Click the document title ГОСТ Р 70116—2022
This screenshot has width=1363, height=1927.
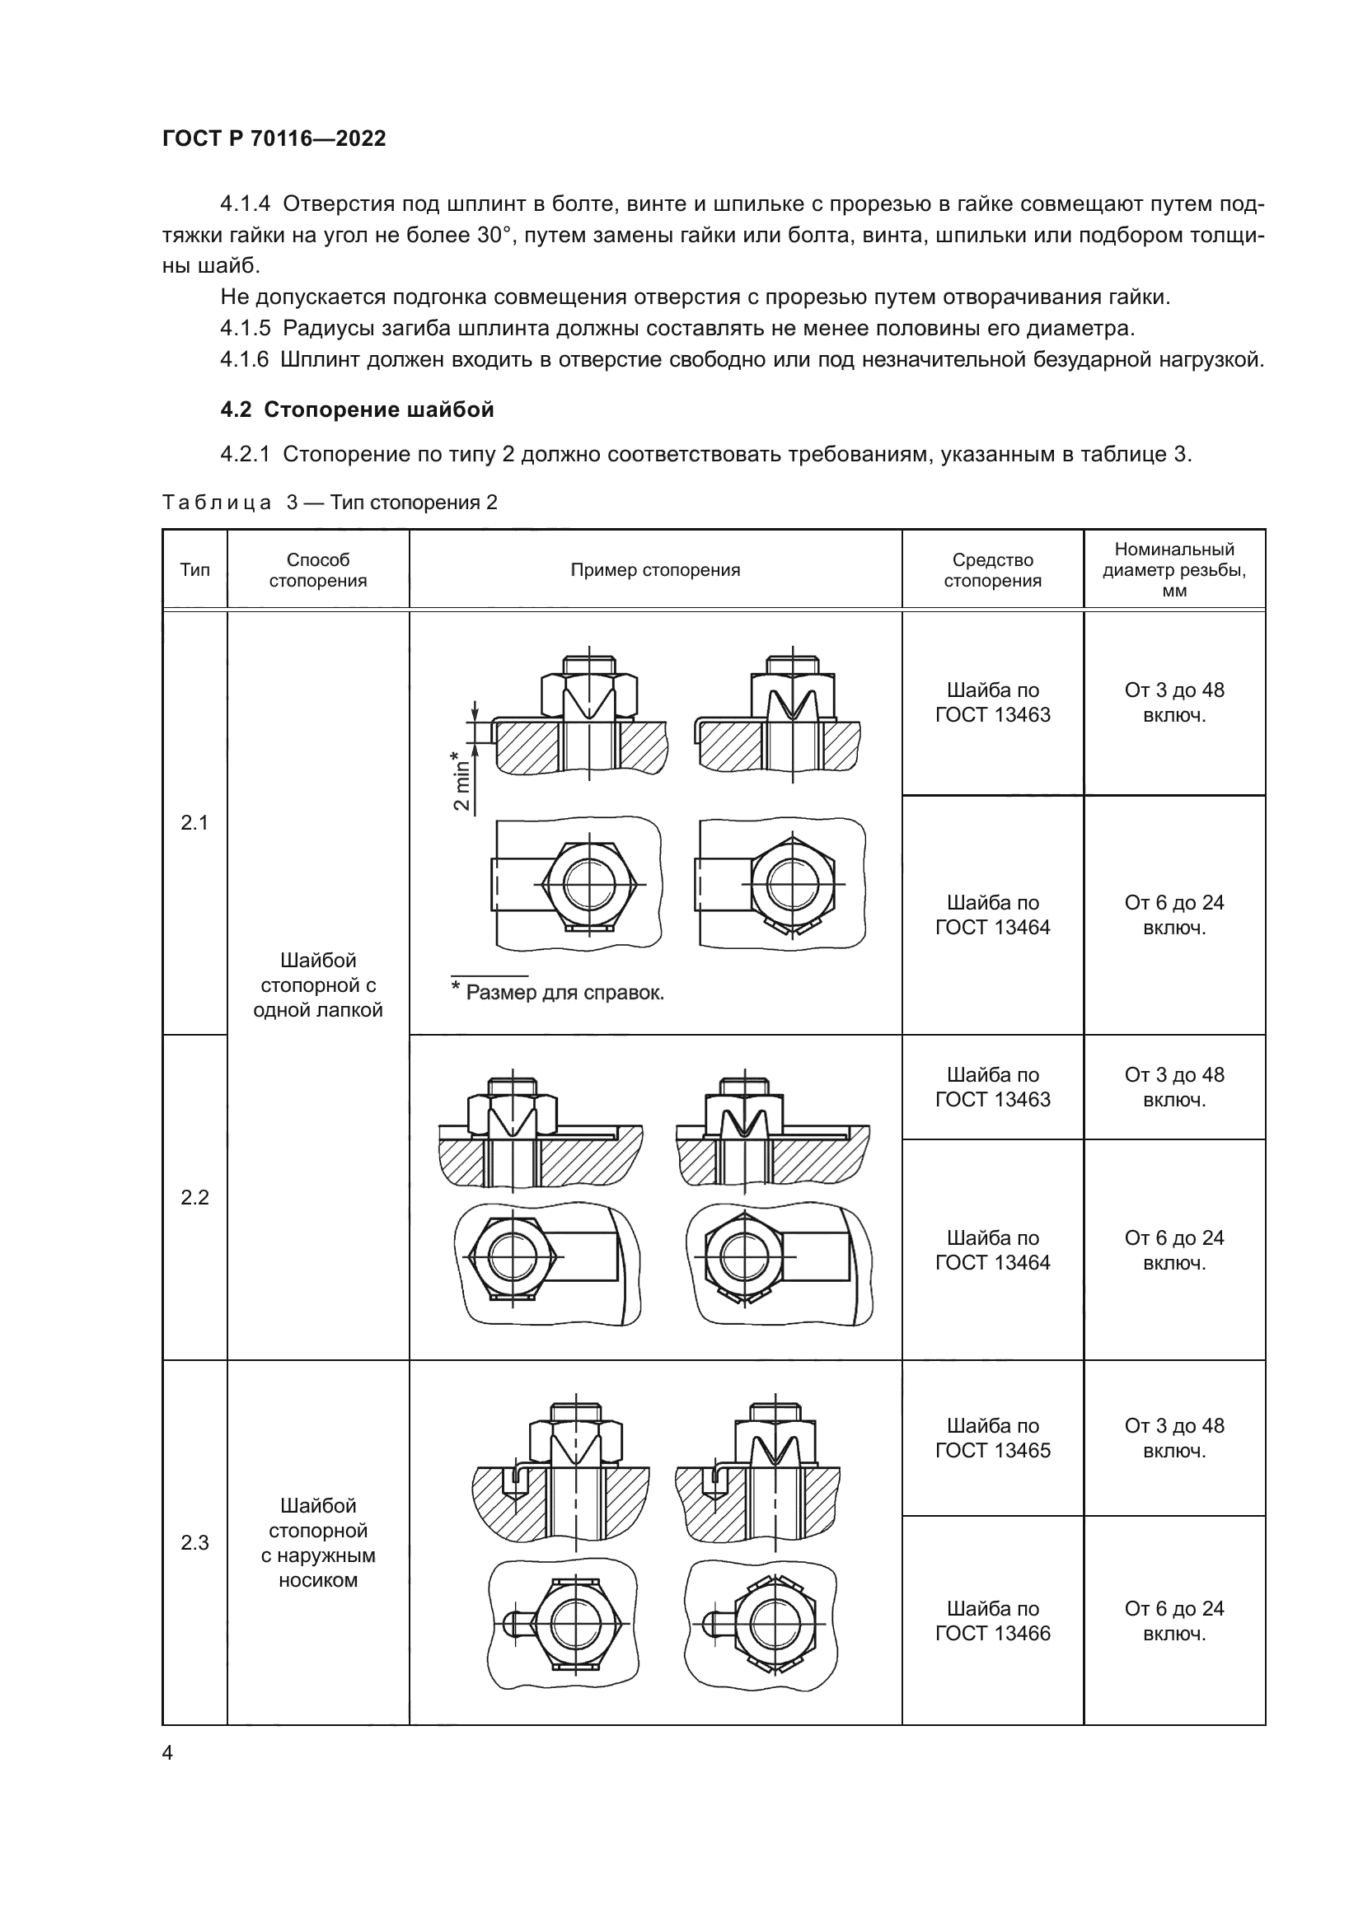(x=274, y=138)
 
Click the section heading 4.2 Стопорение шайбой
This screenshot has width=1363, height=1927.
(x=357, y=409)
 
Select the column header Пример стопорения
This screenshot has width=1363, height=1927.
(x=654, y=570)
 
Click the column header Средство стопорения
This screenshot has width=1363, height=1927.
(x=992, y=570)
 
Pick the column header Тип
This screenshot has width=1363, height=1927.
(x=194, y=570)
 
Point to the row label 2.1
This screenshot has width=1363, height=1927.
(x=194, y=822)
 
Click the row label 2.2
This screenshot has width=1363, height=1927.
(x=194, y=1197)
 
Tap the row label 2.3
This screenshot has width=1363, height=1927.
(x=194, y=1542)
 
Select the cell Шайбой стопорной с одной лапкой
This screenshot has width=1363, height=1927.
(x=318, y=985)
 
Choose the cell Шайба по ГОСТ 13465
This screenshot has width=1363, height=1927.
(x=992, y=1438)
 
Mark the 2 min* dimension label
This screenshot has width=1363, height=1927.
(x=461, y=780)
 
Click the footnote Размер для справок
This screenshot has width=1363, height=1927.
(x=564, y=993)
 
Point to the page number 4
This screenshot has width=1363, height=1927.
(x=168, y=1752)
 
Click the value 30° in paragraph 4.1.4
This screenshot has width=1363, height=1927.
(x=495, y=235)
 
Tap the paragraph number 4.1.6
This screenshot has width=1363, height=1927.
(x=244, y=360)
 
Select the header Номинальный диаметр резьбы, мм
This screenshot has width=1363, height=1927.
(x=1173, y=570)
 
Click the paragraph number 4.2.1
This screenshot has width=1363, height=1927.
(x=244, y=454)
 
